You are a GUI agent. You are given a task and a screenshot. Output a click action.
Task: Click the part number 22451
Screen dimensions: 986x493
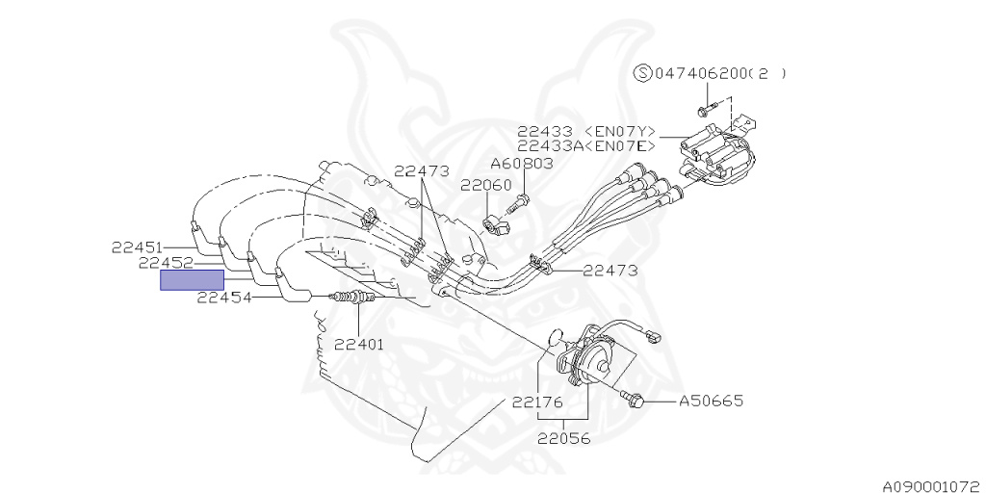(x=137, y=247)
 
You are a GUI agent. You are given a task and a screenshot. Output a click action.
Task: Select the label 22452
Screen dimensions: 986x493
(x=164, y=264)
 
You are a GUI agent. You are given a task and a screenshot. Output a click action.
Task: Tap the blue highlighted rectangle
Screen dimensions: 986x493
(x=192, y=280)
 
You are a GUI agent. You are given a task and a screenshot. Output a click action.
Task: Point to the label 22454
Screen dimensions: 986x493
(x=223, y=298)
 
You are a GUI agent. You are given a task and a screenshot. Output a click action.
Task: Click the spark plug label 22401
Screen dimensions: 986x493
(x=358, y=344)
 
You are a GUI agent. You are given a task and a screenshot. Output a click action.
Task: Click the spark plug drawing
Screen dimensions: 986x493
(x=352, y=297)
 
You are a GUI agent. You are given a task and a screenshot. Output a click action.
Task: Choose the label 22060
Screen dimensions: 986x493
(x=485, y=186)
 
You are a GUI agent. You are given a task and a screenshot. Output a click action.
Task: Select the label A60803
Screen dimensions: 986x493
(x=522, y=164)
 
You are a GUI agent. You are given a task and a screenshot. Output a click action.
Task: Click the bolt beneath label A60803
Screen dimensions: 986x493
(x=518, y=202)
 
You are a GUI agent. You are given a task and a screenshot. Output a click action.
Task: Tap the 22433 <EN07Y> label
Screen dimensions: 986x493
(x=586, y=131)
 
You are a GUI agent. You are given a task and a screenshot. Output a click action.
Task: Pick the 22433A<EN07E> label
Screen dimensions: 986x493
(x=586, y=146)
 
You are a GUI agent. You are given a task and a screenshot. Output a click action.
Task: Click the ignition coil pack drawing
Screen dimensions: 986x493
(x=715, y=156)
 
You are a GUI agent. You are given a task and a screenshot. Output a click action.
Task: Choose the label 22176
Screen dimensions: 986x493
(x=537, y=402)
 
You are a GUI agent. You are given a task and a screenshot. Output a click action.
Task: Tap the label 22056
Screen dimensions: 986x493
(x=564, y=438)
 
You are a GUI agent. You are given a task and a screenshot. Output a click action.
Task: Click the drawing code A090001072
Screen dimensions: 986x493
(x=934, y=486)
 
